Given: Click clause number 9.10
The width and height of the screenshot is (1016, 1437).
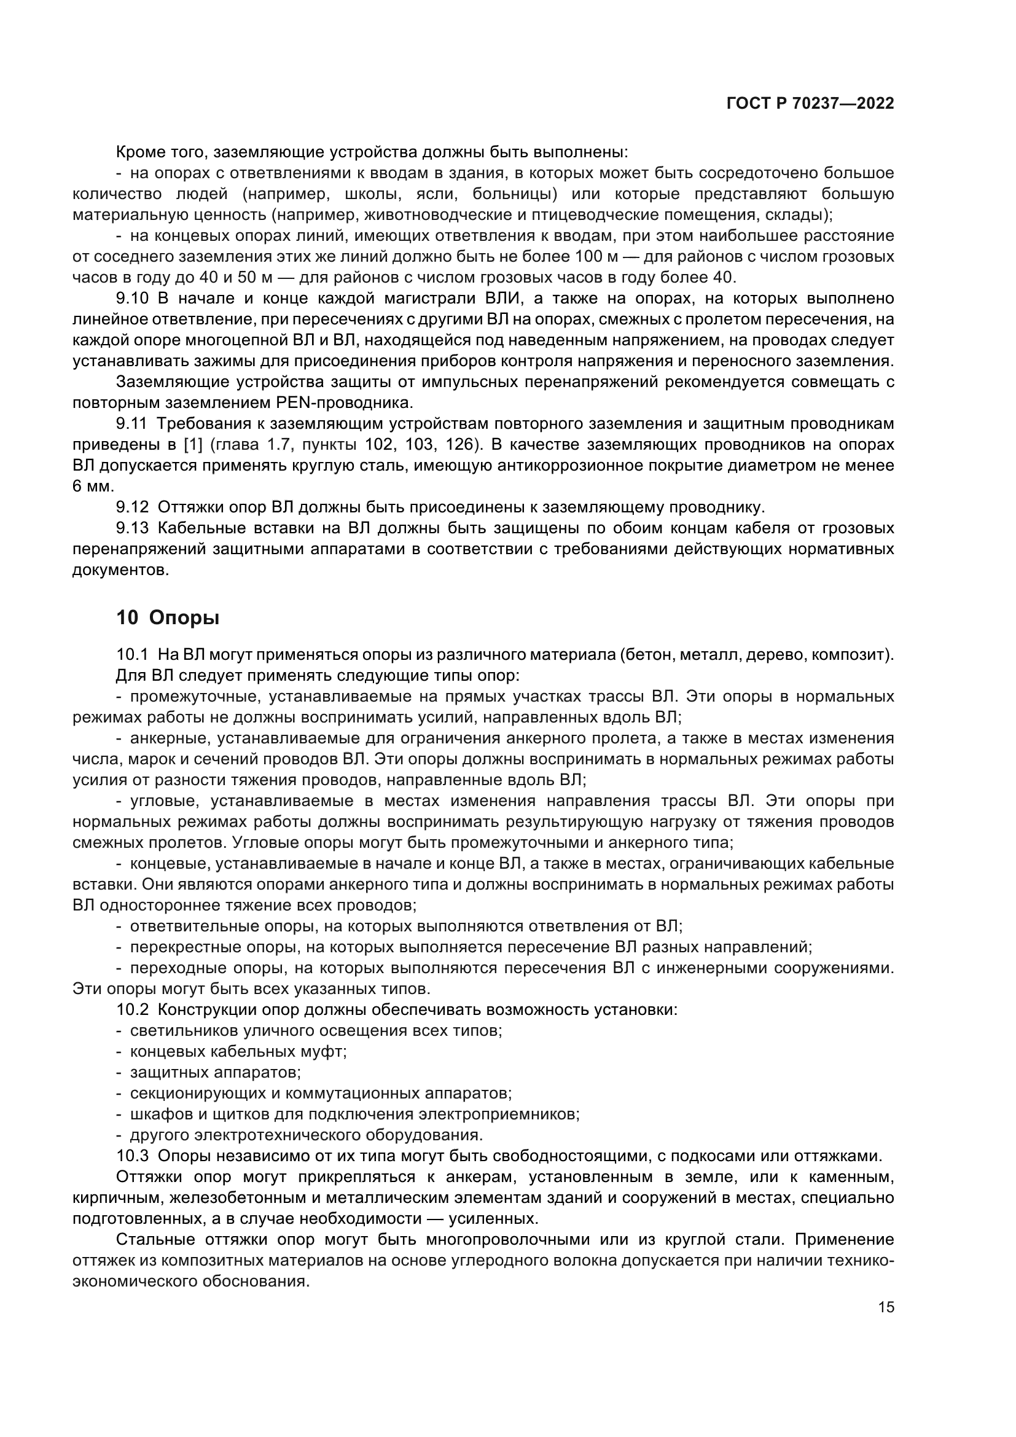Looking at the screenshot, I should pos(133,299).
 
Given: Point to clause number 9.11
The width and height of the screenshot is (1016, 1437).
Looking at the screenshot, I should pos(131,424).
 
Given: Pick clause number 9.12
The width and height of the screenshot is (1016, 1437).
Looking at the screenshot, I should pos(132,507).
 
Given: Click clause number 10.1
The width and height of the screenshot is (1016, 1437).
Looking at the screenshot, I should pos(132,655).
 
